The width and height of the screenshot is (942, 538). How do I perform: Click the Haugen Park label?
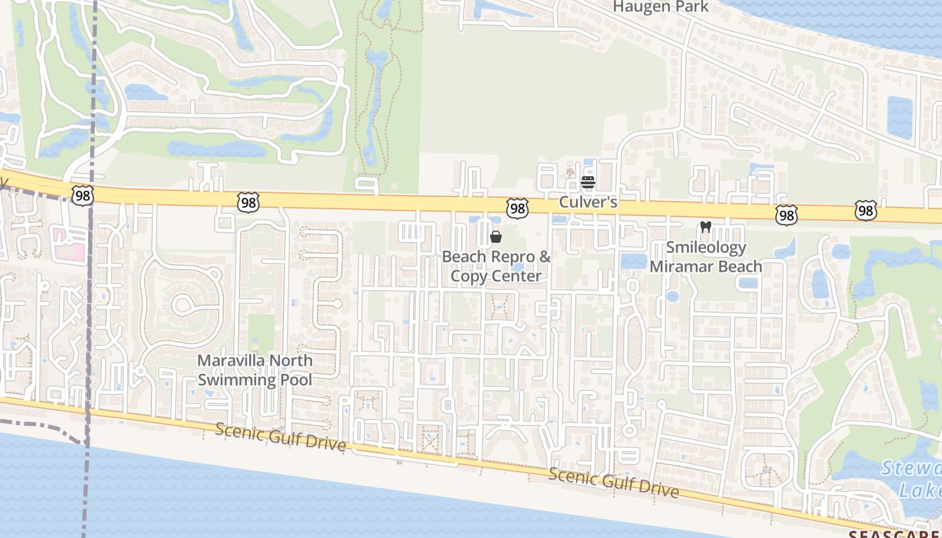pyautogui.click(x=660, y=7)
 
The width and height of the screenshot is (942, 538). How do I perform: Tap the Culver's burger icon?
pyautogui.click(x=588, y=182)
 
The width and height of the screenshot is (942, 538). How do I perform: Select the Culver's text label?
pyautogui.click(x=588, y=202)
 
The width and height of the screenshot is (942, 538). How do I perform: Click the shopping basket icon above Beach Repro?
pyautogui.click(x=496, y=237)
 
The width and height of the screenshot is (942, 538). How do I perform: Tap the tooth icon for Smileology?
pyautogui.click(x=705, y=227)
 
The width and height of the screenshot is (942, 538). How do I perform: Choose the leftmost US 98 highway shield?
pyautogui.click(x=81, y=195)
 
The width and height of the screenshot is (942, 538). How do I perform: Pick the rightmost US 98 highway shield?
pyautogui.click(x=866, y=210)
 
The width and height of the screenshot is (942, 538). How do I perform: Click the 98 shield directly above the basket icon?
pyautogui.click(x=517, y=208)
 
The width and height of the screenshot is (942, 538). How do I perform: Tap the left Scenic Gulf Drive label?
pyautogui.click(x=281, y=437)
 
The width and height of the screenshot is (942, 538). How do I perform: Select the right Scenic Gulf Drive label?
pyautogui.click(x=613, y=482)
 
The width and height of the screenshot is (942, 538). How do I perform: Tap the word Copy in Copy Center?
pyautogui.click(x=467, y=276)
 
